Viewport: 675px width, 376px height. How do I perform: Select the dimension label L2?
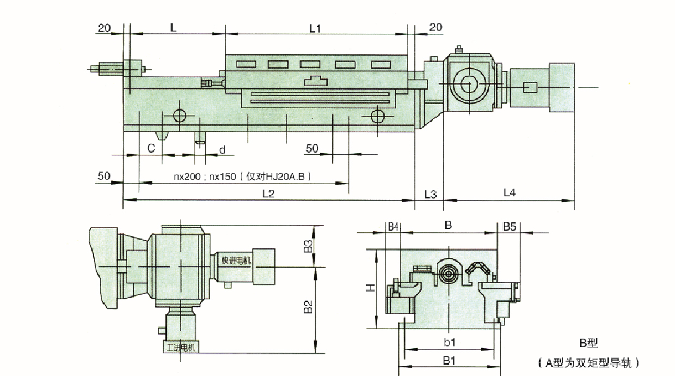click(268, 193)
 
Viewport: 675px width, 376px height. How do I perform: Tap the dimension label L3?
click(430, 193)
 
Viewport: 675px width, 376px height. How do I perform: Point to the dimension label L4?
click(510, 192)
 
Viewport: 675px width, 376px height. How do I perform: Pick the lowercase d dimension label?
click(222, 149)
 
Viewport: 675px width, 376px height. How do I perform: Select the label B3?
click(308, 246)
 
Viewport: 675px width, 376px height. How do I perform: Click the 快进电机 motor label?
click(236, 260)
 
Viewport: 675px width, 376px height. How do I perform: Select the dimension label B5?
click(510, 226)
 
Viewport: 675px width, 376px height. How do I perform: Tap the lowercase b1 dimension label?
click(449, 342)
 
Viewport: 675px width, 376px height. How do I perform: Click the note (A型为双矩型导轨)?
click(587, 362)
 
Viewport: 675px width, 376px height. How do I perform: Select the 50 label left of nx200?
click(104, 176)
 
